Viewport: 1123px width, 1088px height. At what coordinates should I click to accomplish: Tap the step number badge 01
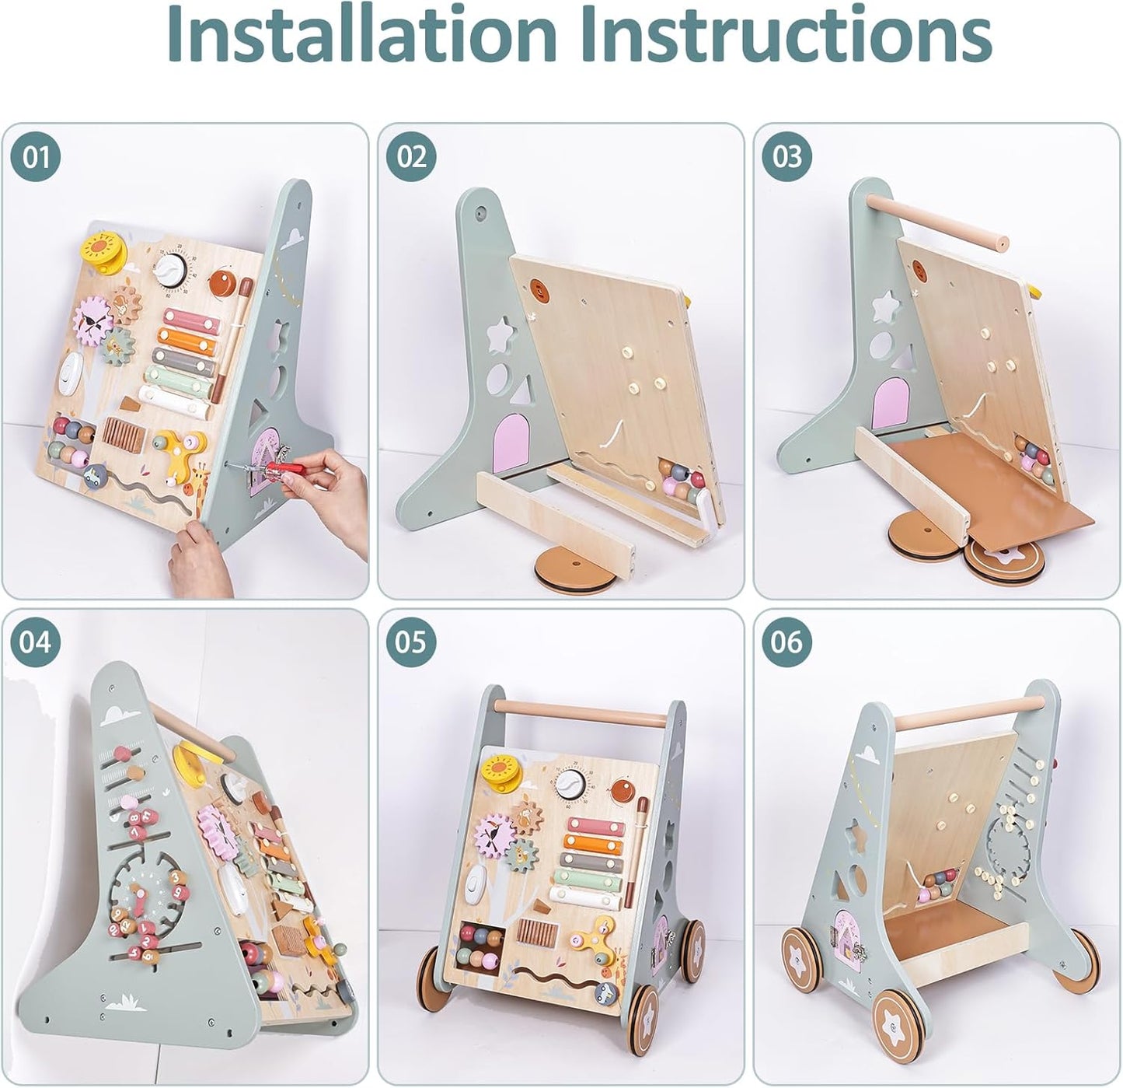(35, 157)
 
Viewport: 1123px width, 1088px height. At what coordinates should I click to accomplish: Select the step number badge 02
(412, 157)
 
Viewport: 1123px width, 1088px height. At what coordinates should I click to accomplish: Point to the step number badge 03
(786, 157)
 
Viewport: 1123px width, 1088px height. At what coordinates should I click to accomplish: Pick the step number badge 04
(35, 642)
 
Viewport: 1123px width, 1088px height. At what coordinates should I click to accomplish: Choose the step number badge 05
(412, 642)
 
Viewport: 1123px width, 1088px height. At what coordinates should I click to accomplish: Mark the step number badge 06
(786, 642)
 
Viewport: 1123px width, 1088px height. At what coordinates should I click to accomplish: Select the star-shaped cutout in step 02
(497, 337)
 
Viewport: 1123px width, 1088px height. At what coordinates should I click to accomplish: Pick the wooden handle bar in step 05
(578, 710)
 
